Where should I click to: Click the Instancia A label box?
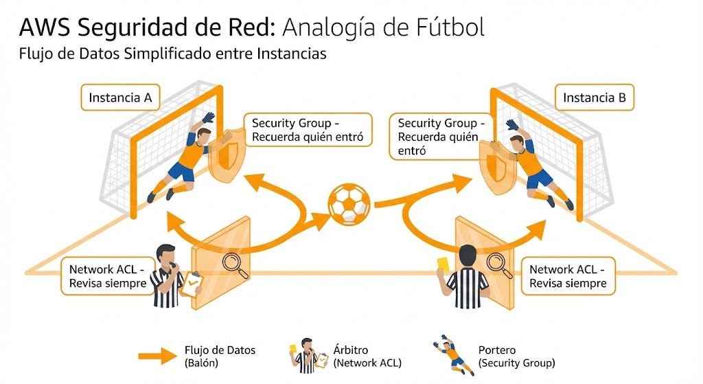coord(120,98)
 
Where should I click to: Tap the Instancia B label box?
coord(595,98)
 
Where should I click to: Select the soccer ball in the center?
coord(349,204)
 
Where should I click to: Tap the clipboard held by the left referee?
coord(192,282)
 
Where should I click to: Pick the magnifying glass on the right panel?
coord(498,264)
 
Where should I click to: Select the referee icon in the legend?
coord(306,356)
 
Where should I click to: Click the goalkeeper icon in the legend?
coord(454,354)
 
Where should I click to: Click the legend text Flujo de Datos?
coord(220,350)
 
